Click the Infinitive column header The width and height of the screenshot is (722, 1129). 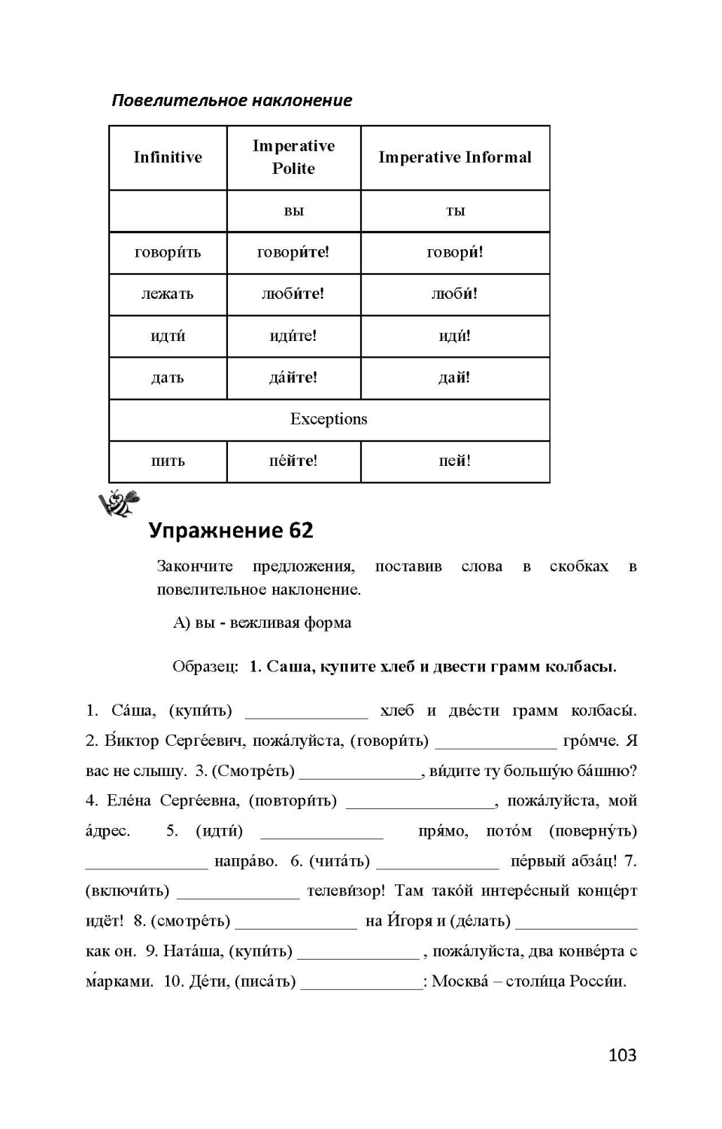click(x=168, y=157)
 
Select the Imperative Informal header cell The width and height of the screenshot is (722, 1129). click(x=454, y=157)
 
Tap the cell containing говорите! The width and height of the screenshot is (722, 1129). click(x=293, y=252)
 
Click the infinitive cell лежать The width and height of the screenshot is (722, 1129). click(x=168, y=294)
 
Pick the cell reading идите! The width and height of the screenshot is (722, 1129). click(x=293, y=336)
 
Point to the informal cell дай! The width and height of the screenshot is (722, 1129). click(x=454, y=378)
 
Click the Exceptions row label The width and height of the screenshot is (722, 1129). click(x=329, y=419)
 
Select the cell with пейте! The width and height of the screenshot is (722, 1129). click(x=293, y=461)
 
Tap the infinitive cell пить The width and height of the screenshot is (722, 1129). click(x=168, y=461)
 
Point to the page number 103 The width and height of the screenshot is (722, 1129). click(x=622, y=1055)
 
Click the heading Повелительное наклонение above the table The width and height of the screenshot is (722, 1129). click(x=232, y=100)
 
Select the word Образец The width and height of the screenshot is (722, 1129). click(x=205, y=667)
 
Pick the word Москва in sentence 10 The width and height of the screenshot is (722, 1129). click(x=460, y=981)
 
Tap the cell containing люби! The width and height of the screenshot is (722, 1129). click(x=454, y=294)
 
